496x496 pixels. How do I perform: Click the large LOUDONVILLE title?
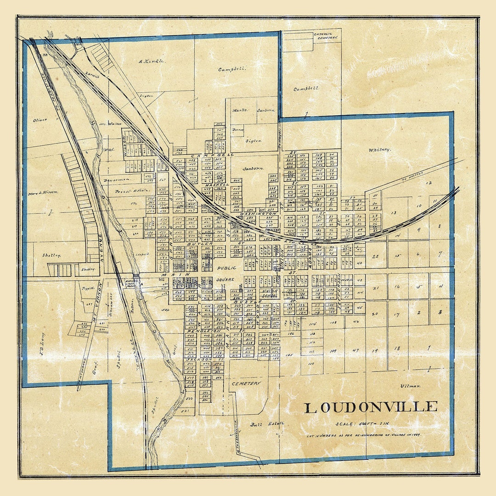pyautogui.click(x=371, y=407)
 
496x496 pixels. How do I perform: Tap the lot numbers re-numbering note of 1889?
pyautogui.click(x=365, y=434)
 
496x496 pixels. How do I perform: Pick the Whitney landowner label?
pyautogui.click(x=379, y=150)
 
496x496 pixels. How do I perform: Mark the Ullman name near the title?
pyautogui.click(x=410, y=386)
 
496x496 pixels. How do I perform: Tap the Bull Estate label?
pyautogui.click(x=261, y=423)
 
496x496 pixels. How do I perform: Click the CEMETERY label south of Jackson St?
pyautogui.click(x=246, y=383)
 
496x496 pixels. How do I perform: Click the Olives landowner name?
pyautogui.click(x=40, y=120)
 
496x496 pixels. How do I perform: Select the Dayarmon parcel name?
pyautogui.click(x=117, y=180)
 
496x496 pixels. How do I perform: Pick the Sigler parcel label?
pyautogui.click(x=253, y=141)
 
